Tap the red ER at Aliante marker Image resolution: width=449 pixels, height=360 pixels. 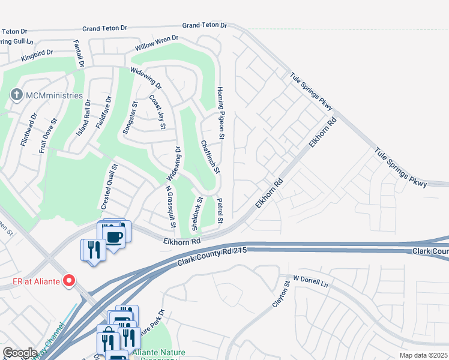(69, 280)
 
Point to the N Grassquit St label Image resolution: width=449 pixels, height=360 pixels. (170, 206)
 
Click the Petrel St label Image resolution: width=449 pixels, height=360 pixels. (220, 212)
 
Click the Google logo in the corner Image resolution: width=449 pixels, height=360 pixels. (20, 353)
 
